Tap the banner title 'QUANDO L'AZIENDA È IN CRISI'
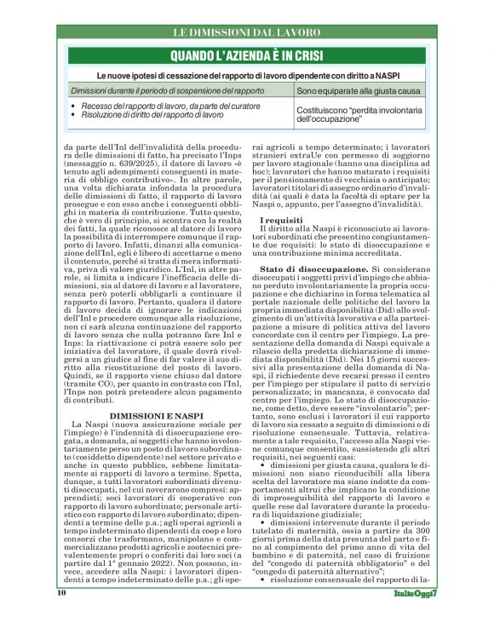coord(247,57)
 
